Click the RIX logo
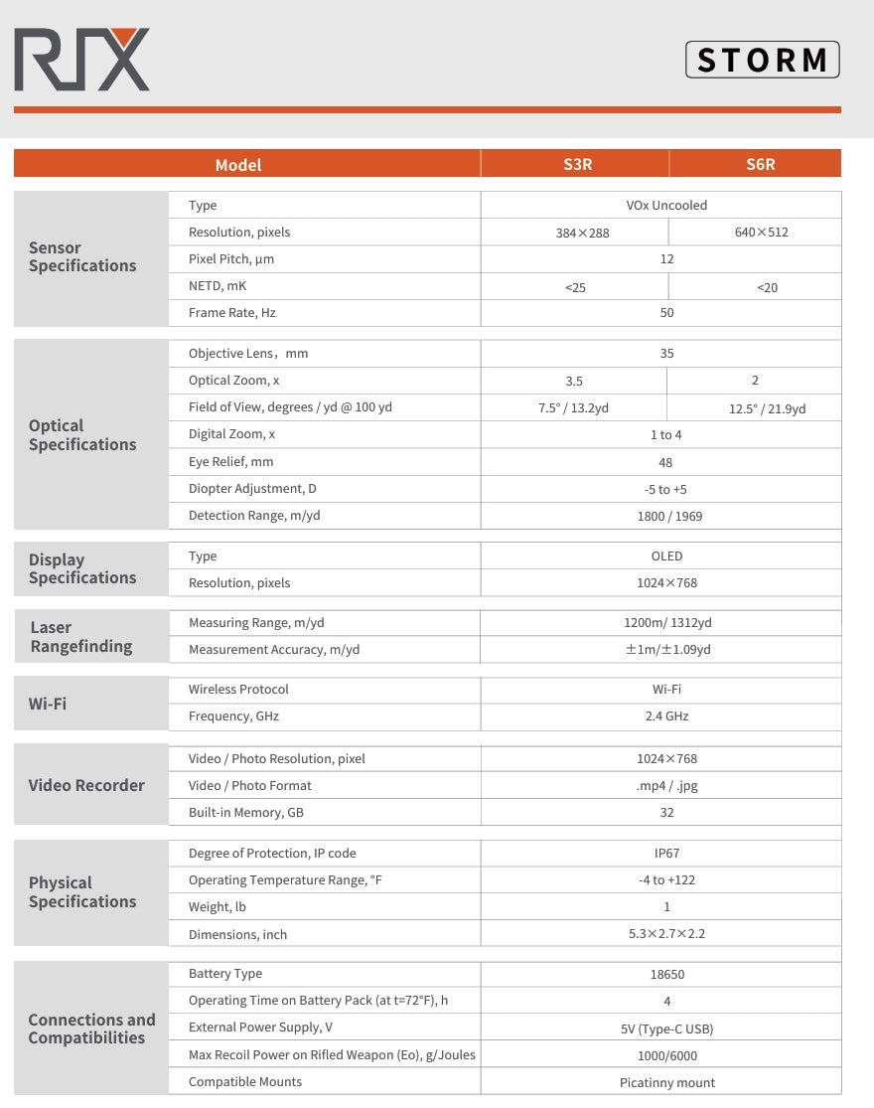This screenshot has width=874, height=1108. pos(81,61)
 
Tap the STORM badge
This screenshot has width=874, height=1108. pos(762,60)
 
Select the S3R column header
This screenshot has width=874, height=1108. pos(577,164)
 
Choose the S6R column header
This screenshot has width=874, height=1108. pos(760,164)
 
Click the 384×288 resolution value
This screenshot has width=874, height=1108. pos(582,233)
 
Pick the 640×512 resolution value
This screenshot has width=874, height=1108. pos(761,233)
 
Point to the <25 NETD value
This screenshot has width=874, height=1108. pos(575,287)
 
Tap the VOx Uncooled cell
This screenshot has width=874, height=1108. pos(666,206)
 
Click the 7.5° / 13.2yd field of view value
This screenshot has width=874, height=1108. pos(573,408)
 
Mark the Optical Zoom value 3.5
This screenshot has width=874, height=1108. pos(573,381)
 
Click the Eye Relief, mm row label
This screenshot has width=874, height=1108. pos(230,462)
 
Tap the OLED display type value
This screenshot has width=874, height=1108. pos(666,556)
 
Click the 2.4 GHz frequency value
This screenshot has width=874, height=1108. pos(666,716)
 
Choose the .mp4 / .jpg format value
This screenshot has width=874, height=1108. pos(666,786)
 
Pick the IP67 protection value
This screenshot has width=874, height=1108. pos(666,854)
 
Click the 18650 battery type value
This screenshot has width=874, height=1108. pos(666,975)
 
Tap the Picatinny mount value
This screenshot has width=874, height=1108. pos(666,1083)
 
